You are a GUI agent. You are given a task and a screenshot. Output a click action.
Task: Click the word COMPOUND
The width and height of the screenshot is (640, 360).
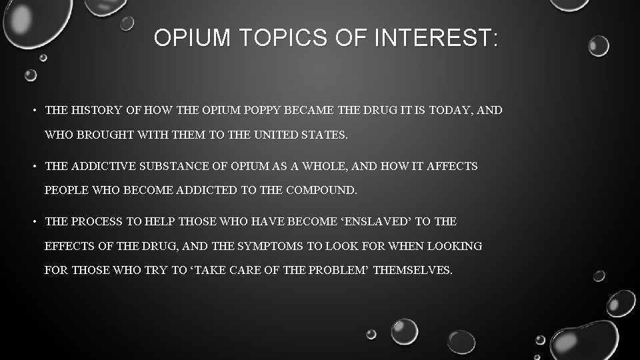(x=321, y=191)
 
